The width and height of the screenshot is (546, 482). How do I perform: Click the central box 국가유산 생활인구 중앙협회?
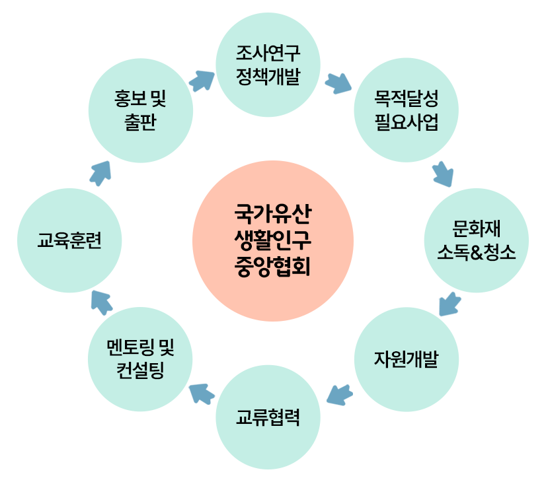click(x=272, y=240)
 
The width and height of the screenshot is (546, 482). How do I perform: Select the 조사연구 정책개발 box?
click(x=268, y=65)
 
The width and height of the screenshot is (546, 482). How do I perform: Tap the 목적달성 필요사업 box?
click(x=405, y=110)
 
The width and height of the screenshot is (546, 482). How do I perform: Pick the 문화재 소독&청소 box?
click(x=476, y=240)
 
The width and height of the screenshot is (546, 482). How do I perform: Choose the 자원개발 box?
click(x=406, y=359)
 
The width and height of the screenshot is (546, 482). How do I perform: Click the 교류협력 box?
click(x=268, y=417)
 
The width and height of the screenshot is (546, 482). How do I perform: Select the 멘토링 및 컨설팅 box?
click(x=140, y=359)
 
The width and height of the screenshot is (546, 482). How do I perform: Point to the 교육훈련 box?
click(x=69, y=240)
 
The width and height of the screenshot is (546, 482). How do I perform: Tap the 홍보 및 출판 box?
click(x=140, y=110)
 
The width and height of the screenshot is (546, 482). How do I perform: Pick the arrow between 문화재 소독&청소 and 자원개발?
click(x=449, y=303)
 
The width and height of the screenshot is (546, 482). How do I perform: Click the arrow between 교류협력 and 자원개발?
click(x=338, y=394)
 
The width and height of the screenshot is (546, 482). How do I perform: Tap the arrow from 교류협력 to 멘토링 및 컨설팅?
click(x=203, y=394)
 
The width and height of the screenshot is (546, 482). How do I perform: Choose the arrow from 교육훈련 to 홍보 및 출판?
click(x=100, y=174)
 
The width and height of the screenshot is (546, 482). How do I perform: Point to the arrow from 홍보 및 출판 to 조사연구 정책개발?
click(x=202, y=82)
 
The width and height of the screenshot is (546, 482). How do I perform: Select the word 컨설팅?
click(x=140, y=370)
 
